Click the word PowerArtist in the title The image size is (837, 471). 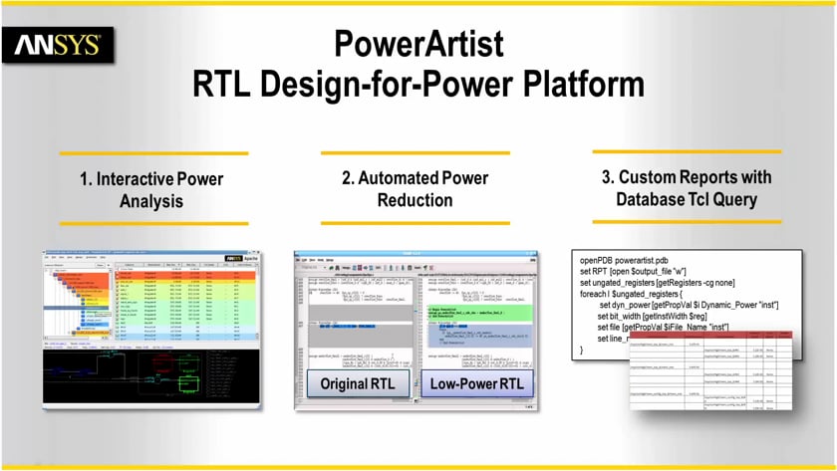[418, 45]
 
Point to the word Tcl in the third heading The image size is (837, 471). [711, 199]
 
